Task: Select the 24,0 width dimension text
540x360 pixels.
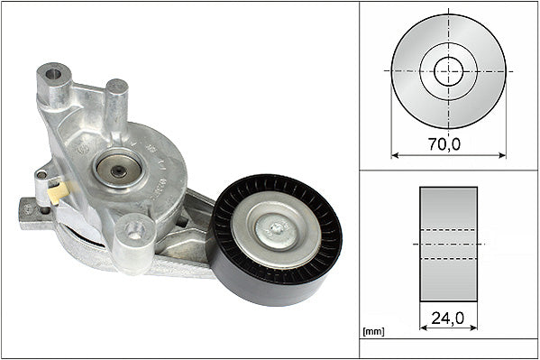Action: click(x=448, y=318)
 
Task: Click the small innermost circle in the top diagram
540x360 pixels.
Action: click(x=448, y=70)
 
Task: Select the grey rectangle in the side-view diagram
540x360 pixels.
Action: click(x=448, y=244)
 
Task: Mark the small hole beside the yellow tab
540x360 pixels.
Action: click(x=42, y=174)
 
